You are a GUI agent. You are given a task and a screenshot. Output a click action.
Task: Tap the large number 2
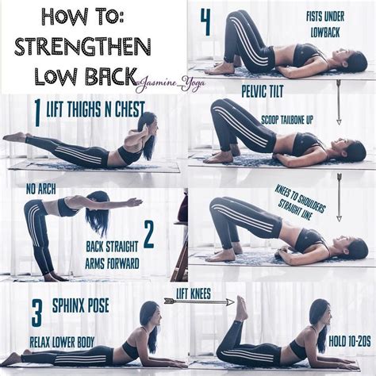(x=149, y=235)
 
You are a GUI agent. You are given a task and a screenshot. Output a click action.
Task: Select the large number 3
(x=36, y=313)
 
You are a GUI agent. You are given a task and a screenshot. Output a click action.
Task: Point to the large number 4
(x=205, y=22)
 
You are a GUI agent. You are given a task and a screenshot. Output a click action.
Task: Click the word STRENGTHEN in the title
(x=82, y=47)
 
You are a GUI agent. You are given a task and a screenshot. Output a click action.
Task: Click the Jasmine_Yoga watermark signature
(x=171, y=84)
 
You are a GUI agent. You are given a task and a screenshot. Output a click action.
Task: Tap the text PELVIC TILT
(x=263, y=91)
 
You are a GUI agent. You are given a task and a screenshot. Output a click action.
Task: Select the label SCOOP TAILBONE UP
(x=287, y=120)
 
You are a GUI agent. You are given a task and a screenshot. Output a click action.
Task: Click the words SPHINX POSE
(x=80, y=306)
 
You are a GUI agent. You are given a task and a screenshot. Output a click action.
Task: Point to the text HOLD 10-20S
(x=350, y=341)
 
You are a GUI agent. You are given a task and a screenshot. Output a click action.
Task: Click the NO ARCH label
(x=41, y=190)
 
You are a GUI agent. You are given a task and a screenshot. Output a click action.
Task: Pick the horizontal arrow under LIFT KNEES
(x=199, y=301)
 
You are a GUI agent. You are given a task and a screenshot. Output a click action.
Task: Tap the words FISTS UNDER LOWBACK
(x=325, y=25)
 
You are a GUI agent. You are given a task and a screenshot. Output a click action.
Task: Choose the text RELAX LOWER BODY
(x=62, y=342)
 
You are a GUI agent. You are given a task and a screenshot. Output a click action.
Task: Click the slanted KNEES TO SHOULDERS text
(x=300, y=202)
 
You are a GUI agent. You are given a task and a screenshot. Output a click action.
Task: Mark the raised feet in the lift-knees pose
(x=242, y=308)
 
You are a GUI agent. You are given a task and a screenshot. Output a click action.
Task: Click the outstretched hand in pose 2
(x=135, y=202)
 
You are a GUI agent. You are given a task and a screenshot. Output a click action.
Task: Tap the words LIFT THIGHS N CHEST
(x=95, y=109)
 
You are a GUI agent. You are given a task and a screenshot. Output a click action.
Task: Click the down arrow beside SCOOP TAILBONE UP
(x=339, y=102)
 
